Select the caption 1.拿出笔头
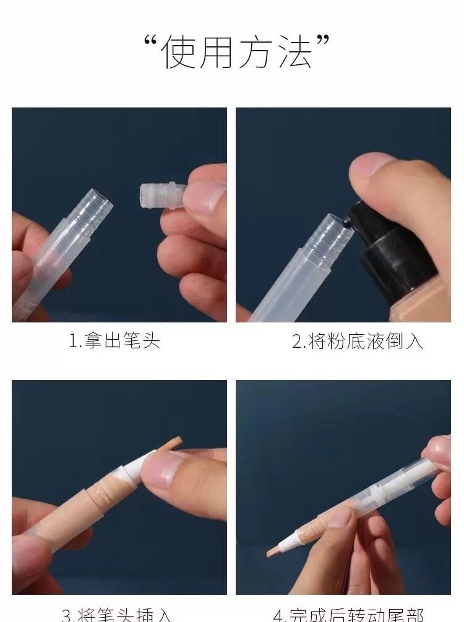(114, 341)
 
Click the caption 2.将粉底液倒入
(358, 341)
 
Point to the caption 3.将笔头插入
(116, 615)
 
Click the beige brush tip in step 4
(276, 550)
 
